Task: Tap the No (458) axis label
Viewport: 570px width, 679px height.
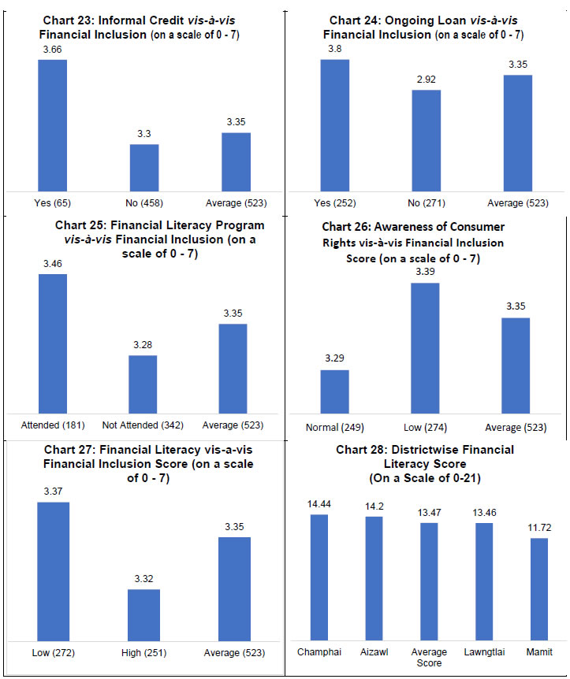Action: tap(144, 203)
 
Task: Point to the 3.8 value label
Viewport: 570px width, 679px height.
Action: tap(333, 48)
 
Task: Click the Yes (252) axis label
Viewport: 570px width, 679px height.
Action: tap(334, 203)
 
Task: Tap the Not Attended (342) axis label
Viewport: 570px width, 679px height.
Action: tap(143, 425)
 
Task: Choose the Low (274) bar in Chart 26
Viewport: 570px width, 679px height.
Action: tap(427, 347)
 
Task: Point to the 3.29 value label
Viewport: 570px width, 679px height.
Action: tap(334, 358)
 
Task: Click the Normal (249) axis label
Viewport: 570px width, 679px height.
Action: tap(334, 428)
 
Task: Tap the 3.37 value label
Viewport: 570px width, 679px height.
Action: tap(53, 492)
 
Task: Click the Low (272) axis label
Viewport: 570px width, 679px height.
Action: tap(53, 653)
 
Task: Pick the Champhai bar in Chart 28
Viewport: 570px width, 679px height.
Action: tap(319, 577)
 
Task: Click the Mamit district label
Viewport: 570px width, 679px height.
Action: tap(539, 652)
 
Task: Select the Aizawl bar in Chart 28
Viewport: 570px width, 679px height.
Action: tap(374, 577)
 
